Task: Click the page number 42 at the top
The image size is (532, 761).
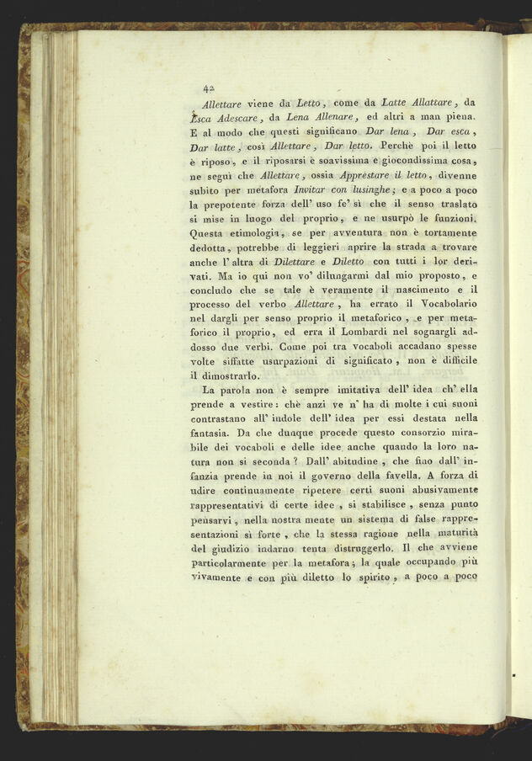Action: (208, 88)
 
